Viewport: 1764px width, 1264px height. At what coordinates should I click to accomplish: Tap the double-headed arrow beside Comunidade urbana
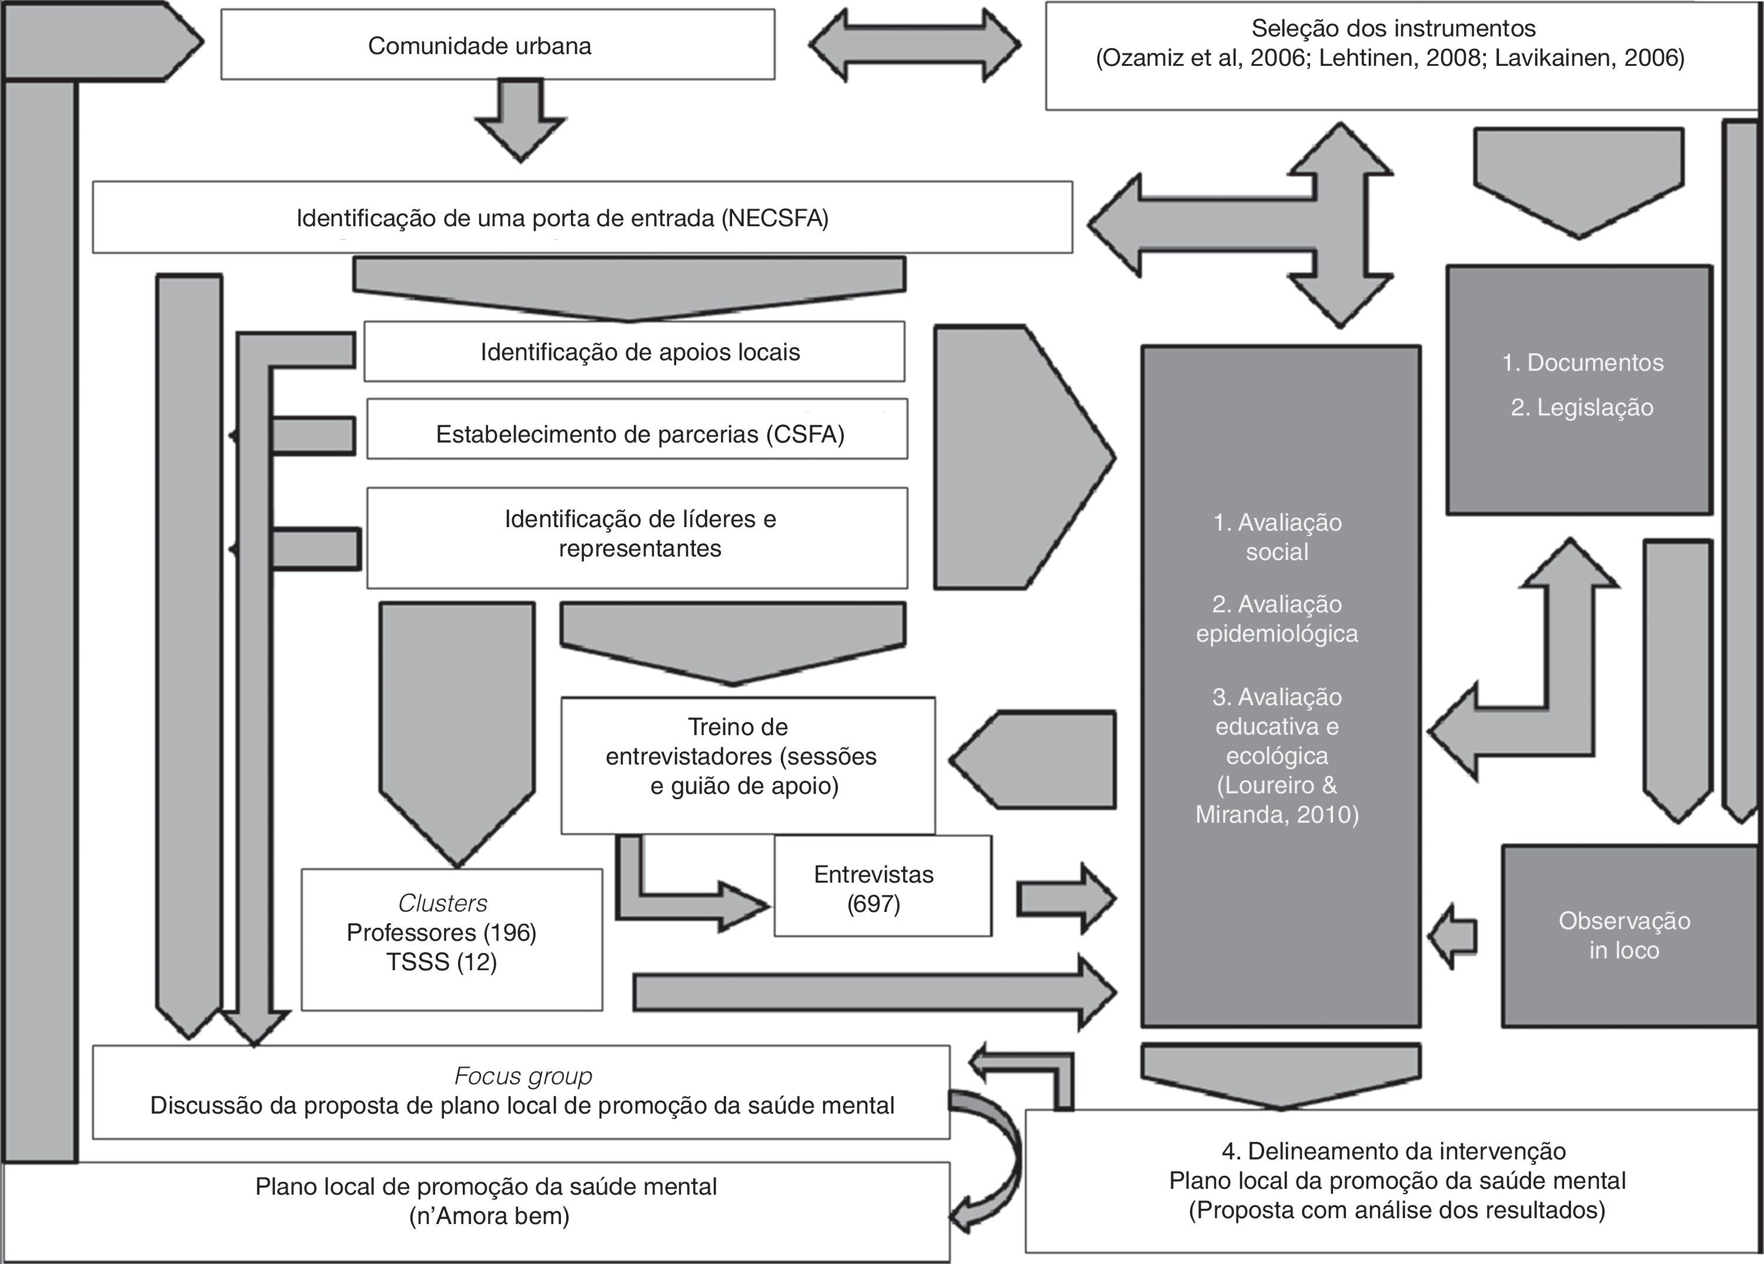(915, 45)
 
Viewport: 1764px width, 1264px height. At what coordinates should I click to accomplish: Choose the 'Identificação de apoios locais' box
(634, 352)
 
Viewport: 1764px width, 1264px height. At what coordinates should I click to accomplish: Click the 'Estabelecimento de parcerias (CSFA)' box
(638, 434)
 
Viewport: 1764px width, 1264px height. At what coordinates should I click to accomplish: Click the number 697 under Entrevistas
(873, 904)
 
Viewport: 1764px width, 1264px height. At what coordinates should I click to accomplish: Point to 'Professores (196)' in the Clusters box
(442, 932)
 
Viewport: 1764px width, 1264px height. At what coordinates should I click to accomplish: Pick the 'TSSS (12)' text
(442, 963)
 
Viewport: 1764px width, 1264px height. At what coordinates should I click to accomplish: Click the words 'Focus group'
(523, 1076)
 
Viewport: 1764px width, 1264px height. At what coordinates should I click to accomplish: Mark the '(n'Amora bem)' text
(489, 1216)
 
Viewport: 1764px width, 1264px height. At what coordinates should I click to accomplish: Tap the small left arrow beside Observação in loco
(1452, 936)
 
